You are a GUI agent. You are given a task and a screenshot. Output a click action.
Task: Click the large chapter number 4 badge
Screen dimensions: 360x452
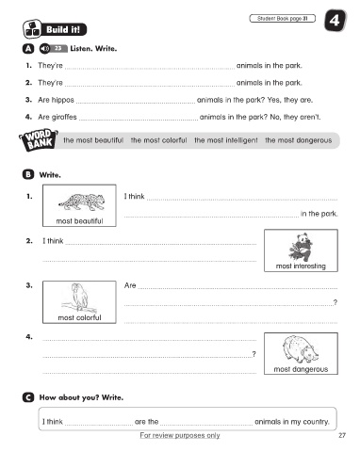335,21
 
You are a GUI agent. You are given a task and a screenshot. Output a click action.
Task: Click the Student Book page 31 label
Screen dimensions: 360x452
282,19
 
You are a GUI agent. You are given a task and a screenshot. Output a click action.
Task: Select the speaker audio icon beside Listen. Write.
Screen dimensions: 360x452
44,49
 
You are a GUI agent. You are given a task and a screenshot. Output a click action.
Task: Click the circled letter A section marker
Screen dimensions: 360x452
28,49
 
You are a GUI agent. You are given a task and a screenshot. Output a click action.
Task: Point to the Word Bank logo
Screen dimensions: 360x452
39,139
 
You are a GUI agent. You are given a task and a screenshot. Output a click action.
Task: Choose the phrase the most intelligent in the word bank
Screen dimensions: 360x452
226,140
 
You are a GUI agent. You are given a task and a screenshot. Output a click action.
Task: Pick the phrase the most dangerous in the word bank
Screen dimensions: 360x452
299,140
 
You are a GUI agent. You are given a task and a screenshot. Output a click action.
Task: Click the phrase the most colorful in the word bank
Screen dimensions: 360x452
158,140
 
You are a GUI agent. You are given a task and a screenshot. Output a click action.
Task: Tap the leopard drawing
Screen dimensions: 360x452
82,202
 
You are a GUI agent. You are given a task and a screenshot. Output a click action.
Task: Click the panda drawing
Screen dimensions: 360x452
301,247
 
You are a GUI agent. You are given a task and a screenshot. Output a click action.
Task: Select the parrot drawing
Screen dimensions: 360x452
77,299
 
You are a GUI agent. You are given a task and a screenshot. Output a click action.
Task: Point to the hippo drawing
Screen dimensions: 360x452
300,349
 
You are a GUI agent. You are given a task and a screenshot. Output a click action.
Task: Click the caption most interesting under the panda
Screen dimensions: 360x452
301,266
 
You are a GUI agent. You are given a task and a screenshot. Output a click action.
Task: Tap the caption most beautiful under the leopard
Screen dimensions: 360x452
79,221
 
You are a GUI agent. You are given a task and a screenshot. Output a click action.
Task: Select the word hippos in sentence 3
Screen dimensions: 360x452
62,100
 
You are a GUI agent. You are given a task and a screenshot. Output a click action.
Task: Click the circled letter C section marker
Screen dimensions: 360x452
28,397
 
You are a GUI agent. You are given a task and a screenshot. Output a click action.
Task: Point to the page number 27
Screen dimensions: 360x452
342,435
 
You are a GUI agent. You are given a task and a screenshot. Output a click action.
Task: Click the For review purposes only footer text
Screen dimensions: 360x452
180,435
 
